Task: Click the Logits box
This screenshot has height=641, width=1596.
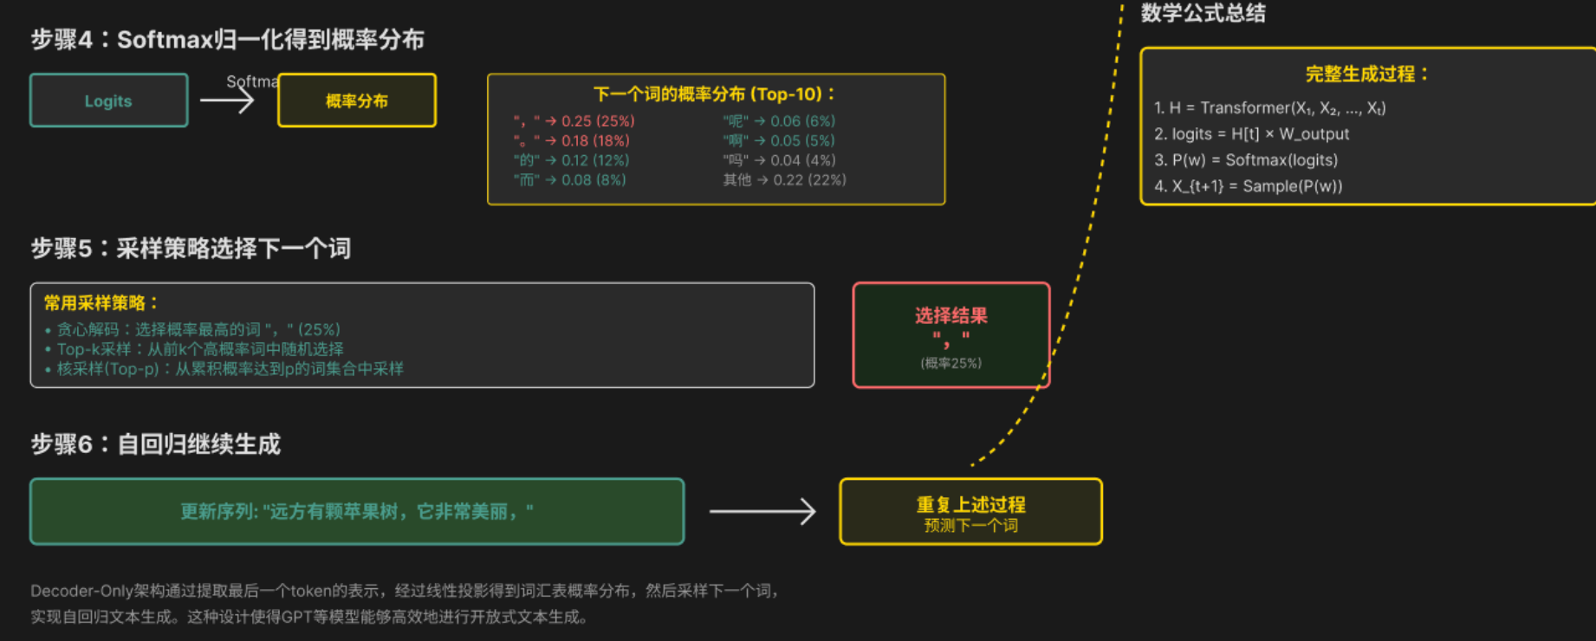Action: [x=108, y=100]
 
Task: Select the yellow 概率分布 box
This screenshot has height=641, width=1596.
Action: [x=356, y=100]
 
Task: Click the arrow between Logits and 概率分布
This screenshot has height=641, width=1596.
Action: [x=227, y=100]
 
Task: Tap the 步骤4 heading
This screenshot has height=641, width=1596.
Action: [x=227, y=40]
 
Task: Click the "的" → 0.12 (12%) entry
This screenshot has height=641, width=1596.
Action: [x=571, y=160]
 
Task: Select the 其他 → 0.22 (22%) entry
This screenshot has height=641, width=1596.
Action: [x=784, y=180]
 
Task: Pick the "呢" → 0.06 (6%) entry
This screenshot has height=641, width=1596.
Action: [x=778, y=121]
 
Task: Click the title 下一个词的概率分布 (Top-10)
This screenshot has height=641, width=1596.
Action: [x=715, y=94]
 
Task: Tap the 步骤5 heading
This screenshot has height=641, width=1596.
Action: [x=191, y=249]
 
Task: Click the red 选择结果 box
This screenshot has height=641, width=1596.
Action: [x=950, y=335]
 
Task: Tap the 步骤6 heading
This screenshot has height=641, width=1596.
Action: [x=156, y=444]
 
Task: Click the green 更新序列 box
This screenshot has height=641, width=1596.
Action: [x=356, y=511]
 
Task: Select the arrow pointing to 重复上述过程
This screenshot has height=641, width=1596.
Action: [x=762, y=511]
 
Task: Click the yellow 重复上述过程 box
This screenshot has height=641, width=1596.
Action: [x=970, y=511]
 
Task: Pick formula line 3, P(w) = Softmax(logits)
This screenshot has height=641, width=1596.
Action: [x=1246, y=160]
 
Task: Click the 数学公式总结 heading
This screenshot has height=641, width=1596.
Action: [x=1203, y=13]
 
